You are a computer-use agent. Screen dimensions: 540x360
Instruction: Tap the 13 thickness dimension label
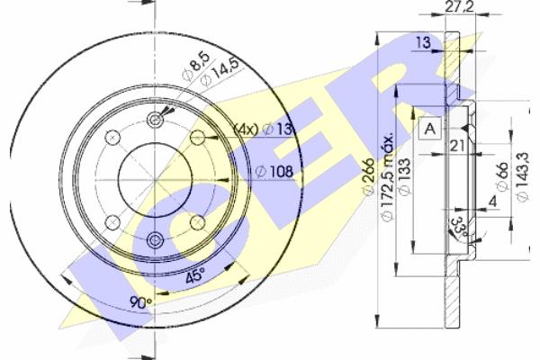point(423,42)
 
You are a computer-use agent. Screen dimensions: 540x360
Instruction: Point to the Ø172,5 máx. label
point(387,176)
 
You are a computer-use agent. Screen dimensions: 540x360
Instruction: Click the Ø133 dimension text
point(405,176)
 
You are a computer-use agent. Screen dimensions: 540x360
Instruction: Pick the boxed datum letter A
point(430,129)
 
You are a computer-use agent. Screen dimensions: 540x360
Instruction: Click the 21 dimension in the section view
point(457,146)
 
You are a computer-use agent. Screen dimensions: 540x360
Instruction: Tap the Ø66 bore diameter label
point(502,176)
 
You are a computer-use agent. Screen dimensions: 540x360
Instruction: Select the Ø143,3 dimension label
point(522,177)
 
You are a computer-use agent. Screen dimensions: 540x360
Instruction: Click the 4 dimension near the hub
point(493,202)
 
